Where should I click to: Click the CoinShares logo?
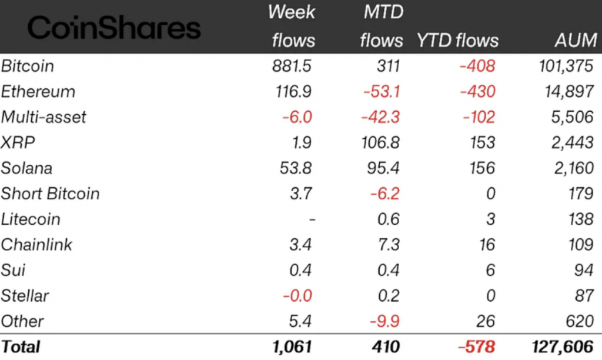click(x=114, y=28)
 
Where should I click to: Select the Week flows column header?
click(x=292, y=26)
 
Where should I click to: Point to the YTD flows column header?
click(x=457, y=40)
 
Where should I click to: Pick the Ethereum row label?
click(x=38, y=91)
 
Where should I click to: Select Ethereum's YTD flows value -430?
click(x=477, y=91)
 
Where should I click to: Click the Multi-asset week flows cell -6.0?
click(x=296, y=117)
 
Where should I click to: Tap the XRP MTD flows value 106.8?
click(x=380, y=142)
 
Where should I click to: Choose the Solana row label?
click(x=26, y=168)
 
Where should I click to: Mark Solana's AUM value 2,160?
click(x=574, y=168)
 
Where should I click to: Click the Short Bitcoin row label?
click(x=50, y=194)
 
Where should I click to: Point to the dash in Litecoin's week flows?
click(x=312, y=219)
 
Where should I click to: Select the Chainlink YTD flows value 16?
click(x=487, y=245)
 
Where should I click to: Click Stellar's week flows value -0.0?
click(x=296, y=296)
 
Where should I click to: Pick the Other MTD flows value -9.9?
click(x=385, y=321)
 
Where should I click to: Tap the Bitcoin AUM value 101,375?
click(x=566, y=66)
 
